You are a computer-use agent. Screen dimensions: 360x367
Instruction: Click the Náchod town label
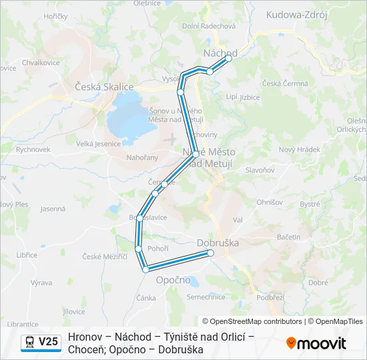click(x=220, y=53)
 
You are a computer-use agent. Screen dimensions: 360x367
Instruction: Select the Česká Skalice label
click(x=104, y=87)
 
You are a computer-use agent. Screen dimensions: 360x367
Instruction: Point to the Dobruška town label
click(x=218, y=243)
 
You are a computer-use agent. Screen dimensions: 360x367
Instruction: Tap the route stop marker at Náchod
click(x=229, y=58)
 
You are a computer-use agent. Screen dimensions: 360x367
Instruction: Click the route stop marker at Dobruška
click(x=210, y=253)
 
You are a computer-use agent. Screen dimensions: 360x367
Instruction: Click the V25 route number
click(x=48, y=342)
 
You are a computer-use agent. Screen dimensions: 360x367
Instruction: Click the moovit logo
click(x=316, y=343)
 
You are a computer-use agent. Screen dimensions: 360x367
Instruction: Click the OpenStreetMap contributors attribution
click(x=252, y=321)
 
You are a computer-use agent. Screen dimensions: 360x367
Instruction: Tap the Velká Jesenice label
click(x=98, y=143)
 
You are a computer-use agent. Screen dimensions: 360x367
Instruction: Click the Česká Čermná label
click(x=285, y=83)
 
